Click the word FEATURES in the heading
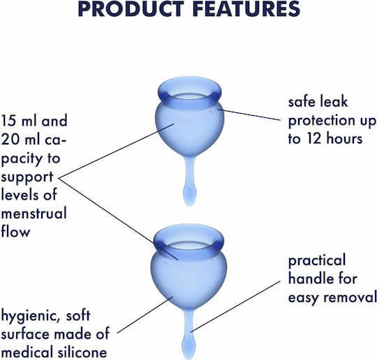[x=246, y=9]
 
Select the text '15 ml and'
[x=34, y=121]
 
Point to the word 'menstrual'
[x=34, y=213]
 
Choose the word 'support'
[x=27, y=178]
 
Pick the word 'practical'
[x=317, y=261]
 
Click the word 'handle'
[x=308, y=278]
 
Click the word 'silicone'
[x=82, y=352]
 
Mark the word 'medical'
[x=27, y=352]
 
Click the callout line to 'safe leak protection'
[x=249, y=114]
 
